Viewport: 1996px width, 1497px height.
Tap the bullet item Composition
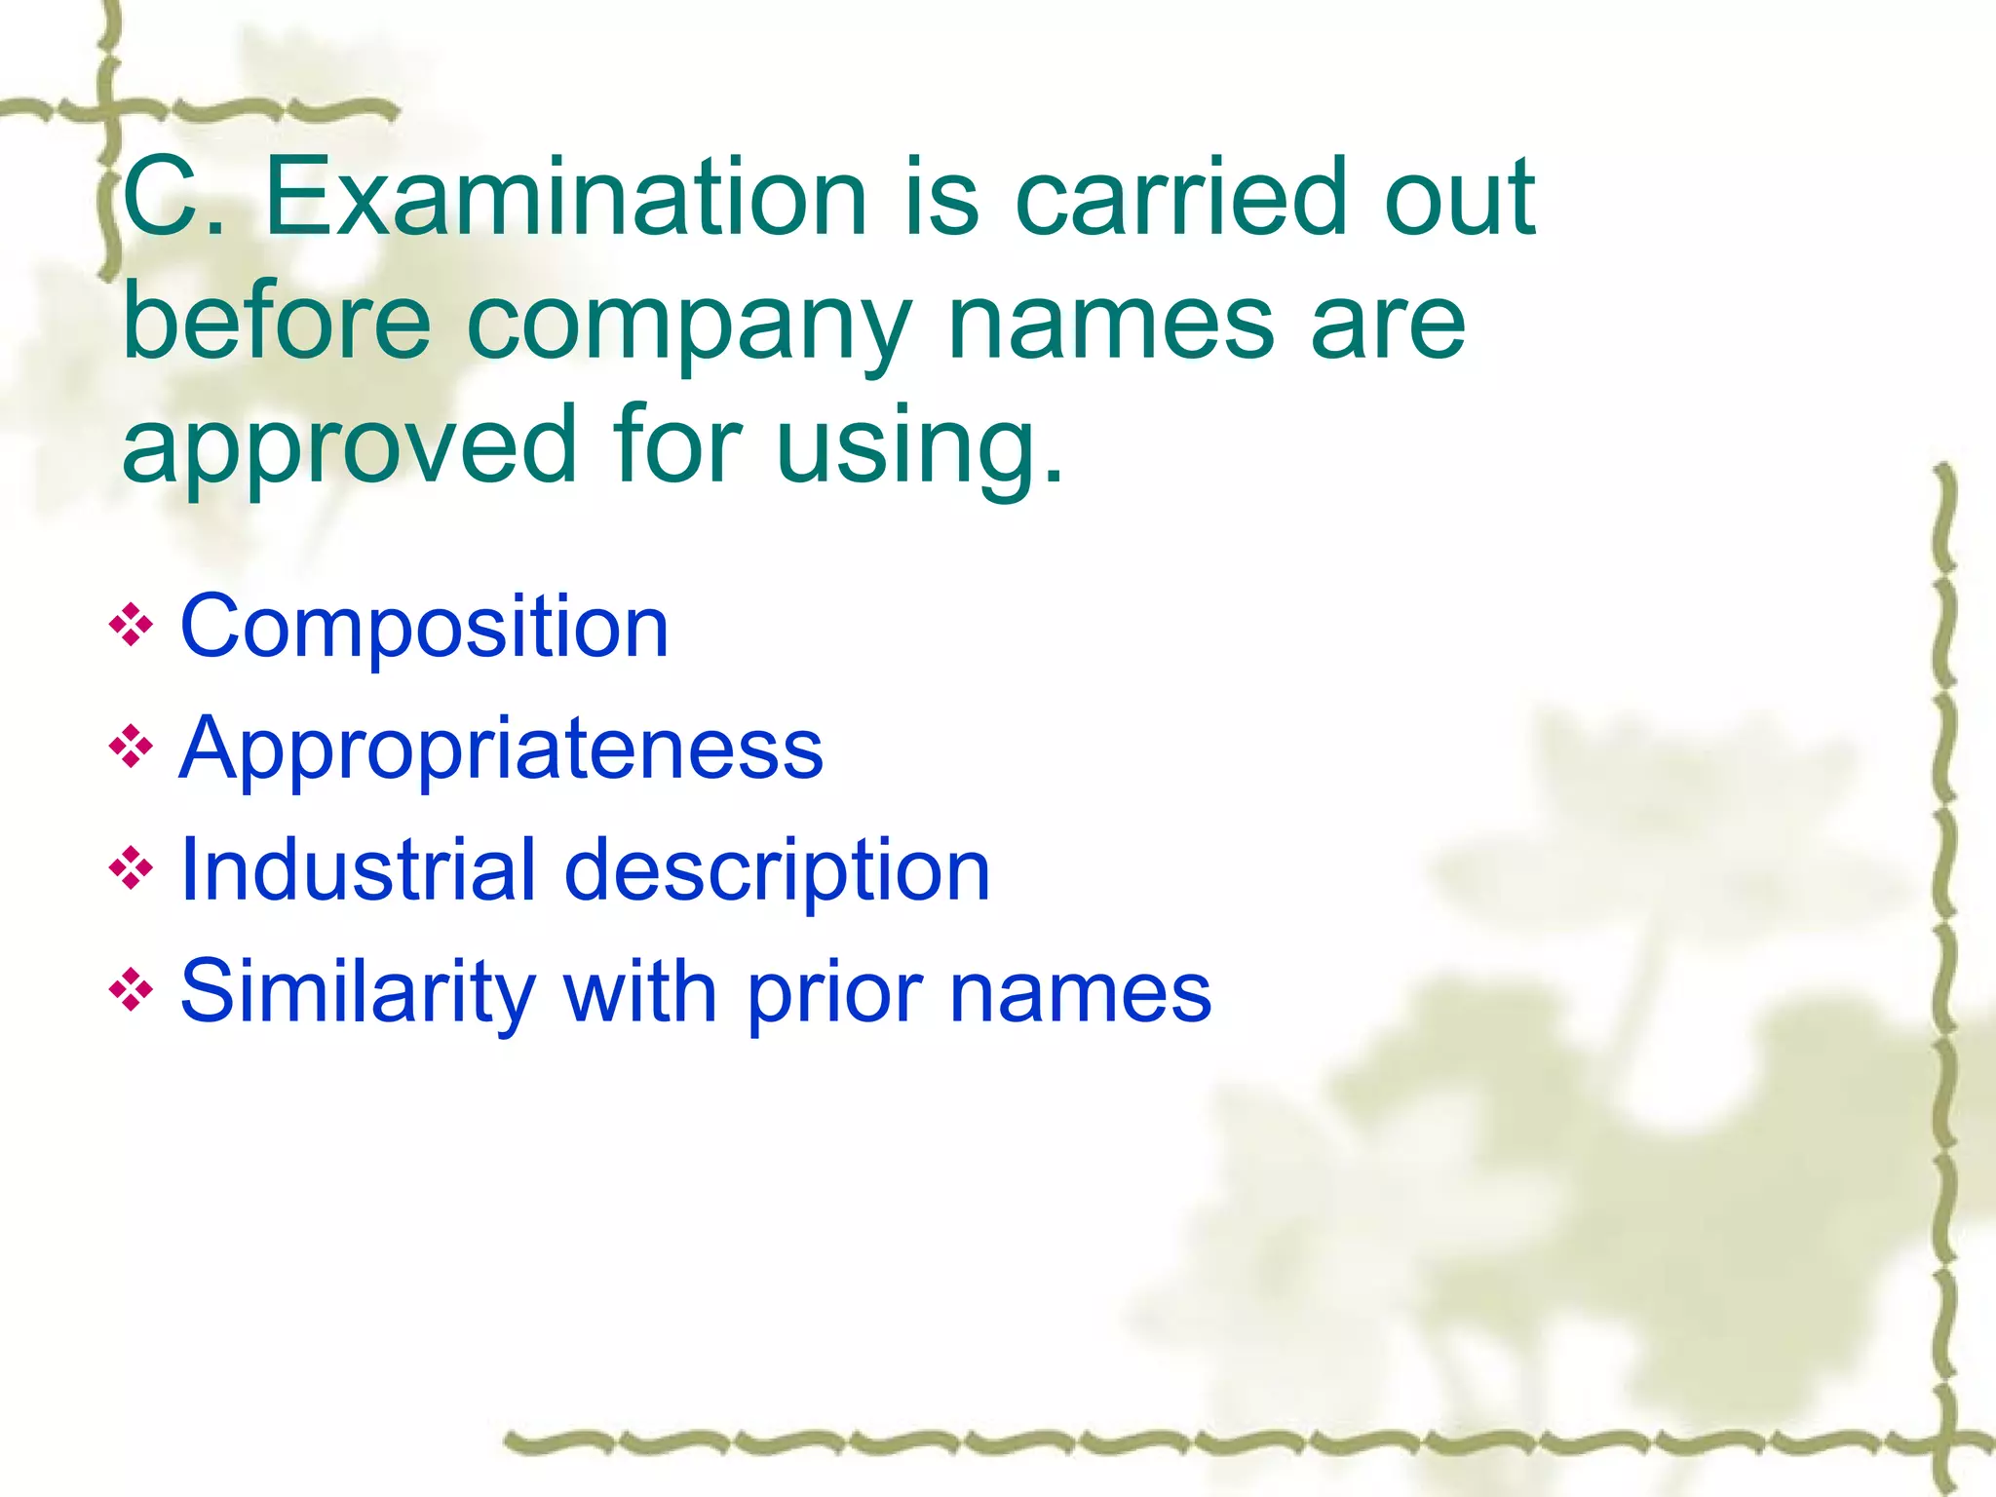tap(424, 627)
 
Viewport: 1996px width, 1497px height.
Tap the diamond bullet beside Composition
tap(132, 626)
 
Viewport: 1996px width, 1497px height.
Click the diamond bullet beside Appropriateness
tap(132, 748)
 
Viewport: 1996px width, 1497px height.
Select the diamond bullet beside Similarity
tap(132, 991)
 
